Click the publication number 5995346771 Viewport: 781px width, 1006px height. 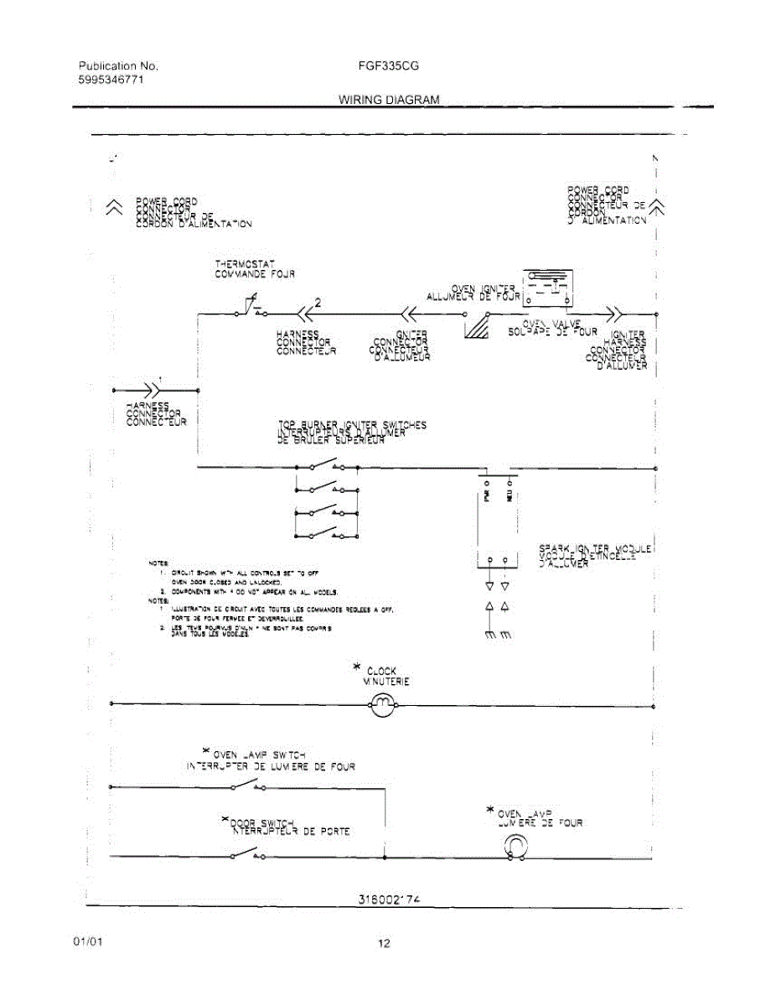point(111,79)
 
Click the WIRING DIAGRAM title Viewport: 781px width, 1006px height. point(389,100)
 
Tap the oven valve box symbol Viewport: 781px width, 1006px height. point(546,287)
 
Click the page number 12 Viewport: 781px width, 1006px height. point(383,944)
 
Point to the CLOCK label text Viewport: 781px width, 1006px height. point(382,671)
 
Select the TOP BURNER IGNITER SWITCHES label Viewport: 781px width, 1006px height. point(352,425)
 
